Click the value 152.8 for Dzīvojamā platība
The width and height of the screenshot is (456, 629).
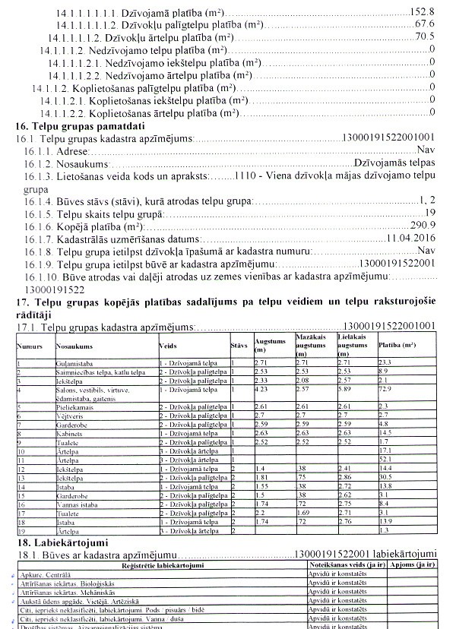click(422, 13)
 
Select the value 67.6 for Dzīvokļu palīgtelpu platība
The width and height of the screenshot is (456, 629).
click(424, 24)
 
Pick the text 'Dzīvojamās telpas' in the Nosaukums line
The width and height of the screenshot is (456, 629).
click(394, 163)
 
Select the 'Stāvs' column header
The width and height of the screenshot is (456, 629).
click(239, 346)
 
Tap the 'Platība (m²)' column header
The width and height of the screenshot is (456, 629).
click(398, 346)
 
